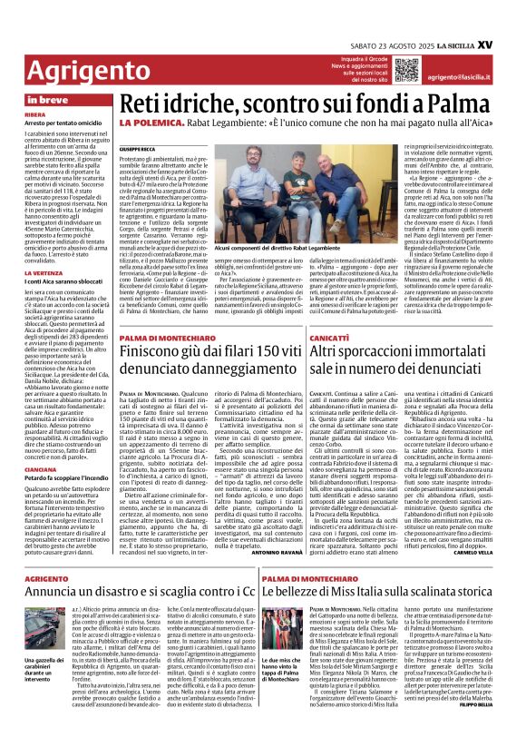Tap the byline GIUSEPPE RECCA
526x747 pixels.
point(138,148)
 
